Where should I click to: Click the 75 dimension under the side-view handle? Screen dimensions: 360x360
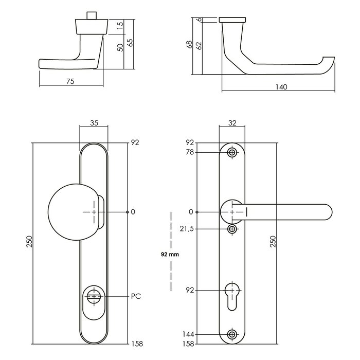71,81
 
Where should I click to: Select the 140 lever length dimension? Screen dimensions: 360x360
281,87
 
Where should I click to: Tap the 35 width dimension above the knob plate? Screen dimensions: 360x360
94,123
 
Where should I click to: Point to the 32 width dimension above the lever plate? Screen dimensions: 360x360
231,123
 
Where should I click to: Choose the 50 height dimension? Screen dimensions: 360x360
120,48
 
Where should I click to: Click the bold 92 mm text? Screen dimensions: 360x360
170,254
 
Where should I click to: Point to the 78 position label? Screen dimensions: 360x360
189,152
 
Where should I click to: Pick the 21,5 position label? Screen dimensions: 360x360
187,228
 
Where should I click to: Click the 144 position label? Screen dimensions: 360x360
188,335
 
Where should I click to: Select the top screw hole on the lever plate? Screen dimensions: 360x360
232,153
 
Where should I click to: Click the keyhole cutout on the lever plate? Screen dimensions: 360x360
232,295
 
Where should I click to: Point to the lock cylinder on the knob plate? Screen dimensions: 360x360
94,297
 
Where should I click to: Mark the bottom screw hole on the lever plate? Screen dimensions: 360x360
232,335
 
